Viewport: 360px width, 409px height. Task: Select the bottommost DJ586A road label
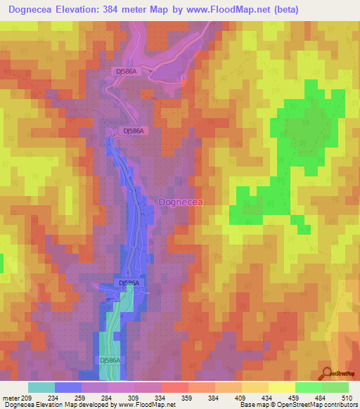[110, 360]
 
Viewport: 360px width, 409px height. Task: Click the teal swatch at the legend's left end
[41, 387]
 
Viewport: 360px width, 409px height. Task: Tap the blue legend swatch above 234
[68, 387]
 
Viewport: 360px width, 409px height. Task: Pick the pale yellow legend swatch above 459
[282, 387]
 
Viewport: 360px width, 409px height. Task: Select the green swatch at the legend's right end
[335, 387]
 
